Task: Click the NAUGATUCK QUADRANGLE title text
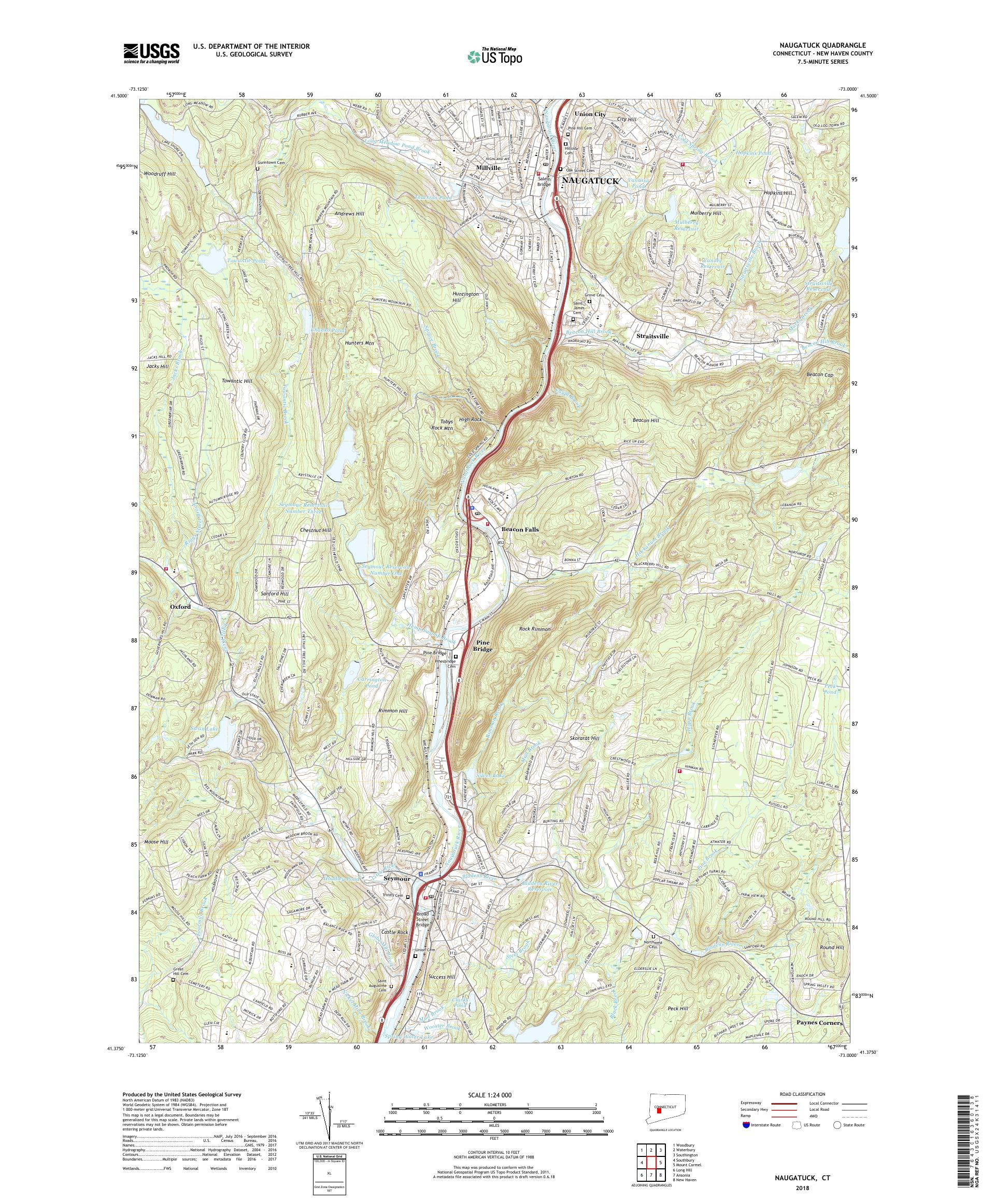click(821, 45)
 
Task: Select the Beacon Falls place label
click(520, 530)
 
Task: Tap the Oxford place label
click(180, 607)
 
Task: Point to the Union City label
click(590, 115)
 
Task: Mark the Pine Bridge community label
click(482, 646)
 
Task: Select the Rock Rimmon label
click(535, 629)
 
